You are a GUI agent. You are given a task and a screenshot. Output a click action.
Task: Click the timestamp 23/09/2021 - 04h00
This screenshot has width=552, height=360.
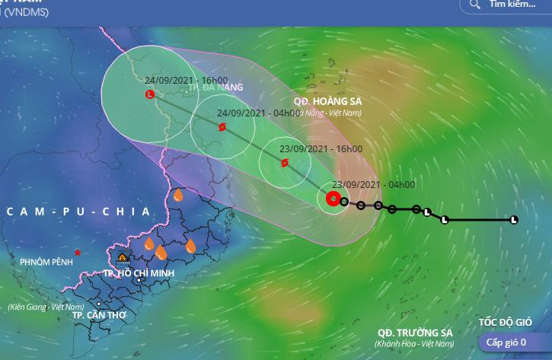click(374, 185)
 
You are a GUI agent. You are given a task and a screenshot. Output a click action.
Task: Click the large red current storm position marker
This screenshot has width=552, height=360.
click(333, 199)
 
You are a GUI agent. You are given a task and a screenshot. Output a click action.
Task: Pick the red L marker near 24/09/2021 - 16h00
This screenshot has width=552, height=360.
click(149, 94)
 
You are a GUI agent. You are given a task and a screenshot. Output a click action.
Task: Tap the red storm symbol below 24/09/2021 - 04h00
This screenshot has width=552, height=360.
click(222, 128)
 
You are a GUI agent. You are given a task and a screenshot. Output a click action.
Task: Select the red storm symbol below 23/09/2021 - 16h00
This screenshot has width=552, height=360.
click(284, 162)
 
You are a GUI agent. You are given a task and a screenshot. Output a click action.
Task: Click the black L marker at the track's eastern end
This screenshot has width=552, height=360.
click(513, 220)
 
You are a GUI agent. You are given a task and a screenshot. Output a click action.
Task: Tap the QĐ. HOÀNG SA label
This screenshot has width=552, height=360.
click(327, 101)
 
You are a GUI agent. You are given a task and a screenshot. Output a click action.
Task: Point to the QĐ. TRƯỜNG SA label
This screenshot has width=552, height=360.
click(415, 333)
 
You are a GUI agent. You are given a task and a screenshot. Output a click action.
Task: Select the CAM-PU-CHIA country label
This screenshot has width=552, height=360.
click(79, 212)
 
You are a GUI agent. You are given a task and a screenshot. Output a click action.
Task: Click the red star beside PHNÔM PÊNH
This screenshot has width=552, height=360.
click(78, 252)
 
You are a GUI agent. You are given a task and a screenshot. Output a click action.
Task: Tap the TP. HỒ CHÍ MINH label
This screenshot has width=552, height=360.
click(139, 272)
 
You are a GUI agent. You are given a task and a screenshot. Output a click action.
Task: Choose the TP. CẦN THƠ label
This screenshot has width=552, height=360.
click(99, 314)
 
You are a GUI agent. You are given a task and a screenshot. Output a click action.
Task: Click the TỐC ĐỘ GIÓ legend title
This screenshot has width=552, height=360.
click(505, 322)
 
